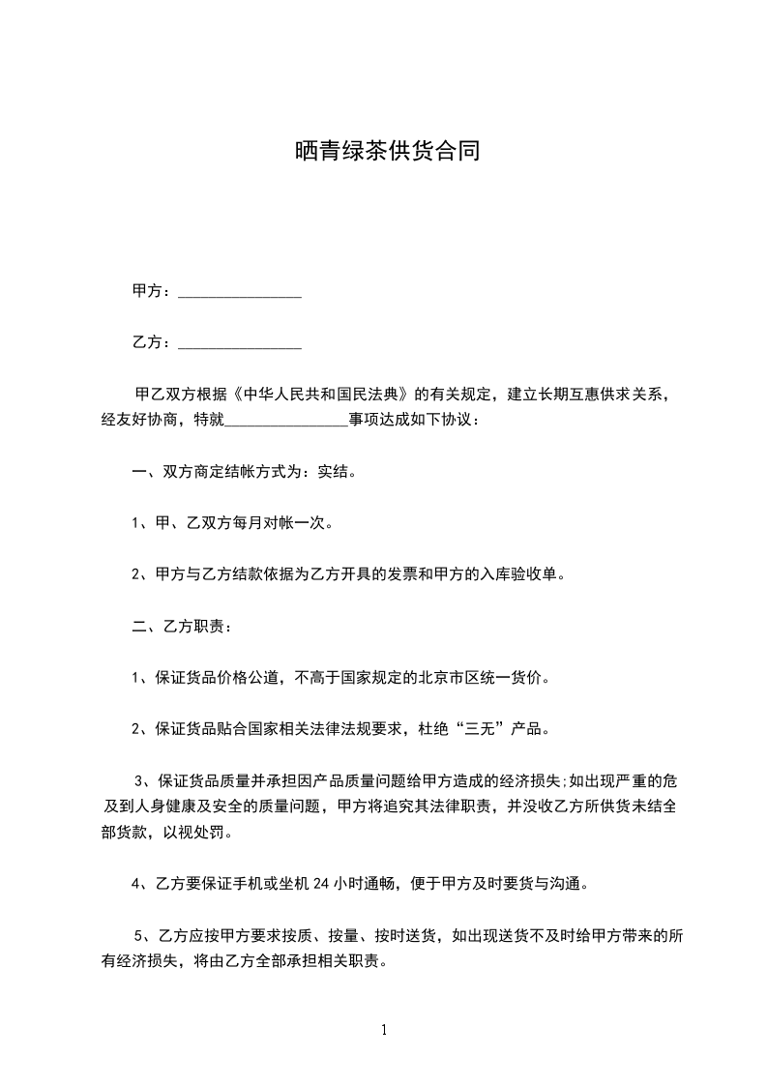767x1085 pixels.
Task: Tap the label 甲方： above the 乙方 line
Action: click(152, 291)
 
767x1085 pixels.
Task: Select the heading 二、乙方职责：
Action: click(182, 626)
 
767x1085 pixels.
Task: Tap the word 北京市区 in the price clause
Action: click(450, 678)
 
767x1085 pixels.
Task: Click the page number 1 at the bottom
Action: click(384, 1031)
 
